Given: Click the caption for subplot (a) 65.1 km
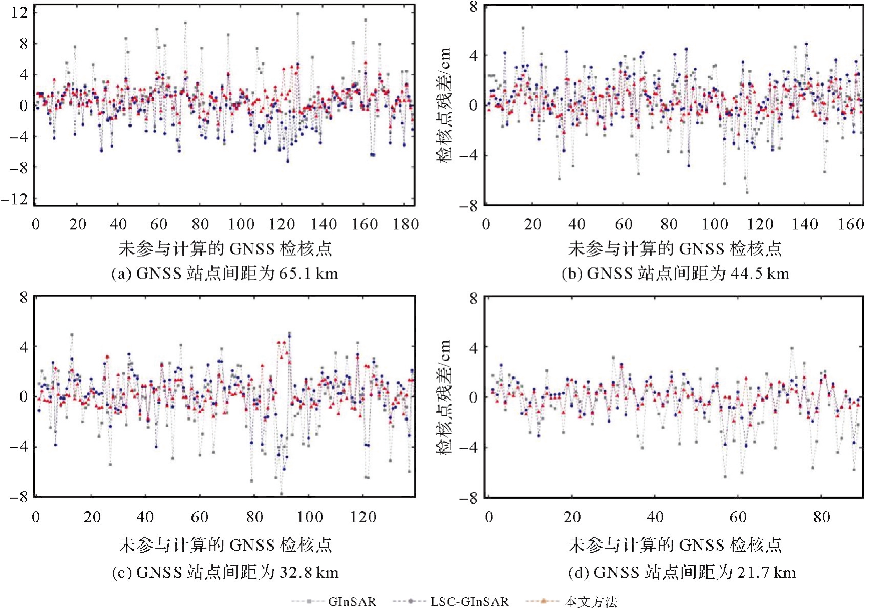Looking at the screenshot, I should click(x=225, y=274).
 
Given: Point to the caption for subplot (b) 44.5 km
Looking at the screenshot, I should click(x=675, y=274).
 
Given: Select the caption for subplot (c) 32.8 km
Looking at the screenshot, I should click(x=225, y=572).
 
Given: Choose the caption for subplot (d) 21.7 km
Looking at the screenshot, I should click(x=682, y=572).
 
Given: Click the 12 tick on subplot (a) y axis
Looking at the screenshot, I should click(x=19, y=12).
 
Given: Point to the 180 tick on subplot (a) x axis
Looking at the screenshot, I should click(x=405, y=224).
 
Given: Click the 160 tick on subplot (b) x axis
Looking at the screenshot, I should click(x=850, y=224).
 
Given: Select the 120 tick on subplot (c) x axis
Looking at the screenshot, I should click(x=363, y=517).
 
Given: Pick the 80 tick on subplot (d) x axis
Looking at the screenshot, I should click(x=821, y=517).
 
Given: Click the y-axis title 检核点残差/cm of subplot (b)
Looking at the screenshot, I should click(x=444, y=105).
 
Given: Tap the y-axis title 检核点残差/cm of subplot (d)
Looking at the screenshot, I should click(x=444, y=397).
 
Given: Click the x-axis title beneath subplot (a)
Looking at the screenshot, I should click(x=225, y=249).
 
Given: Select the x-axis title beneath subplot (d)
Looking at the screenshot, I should click(x=675, y=545).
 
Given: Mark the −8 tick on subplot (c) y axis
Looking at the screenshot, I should click(x=19, y=497).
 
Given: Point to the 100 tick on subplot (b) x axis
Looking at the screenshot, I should click(x=715, y=224).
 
